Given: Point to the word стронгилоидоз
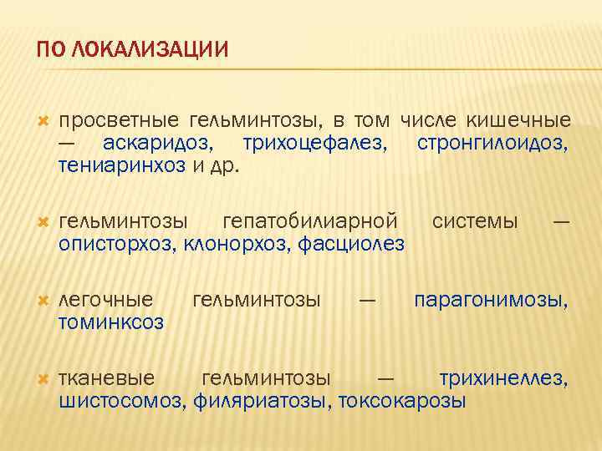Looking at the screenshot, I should click(x=492, y=144).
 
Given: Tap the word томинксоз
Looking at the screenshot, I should click(x=111, y=322).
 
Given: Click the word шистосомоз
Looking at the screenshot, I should click(x=122, y=401).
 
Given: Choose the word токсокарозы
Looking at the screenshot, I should click(x=402, y=401).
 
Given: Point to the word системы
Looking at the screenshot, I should click(x=475, y=222).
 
